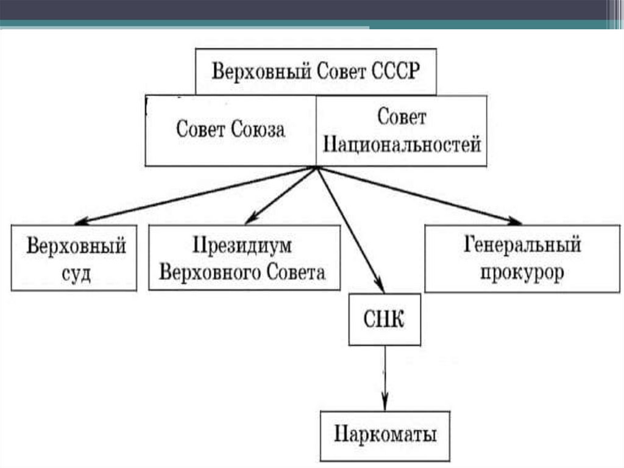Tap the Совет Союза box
230,130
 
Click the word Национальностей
402,145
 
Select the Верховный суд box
76,257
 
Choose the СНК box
385,320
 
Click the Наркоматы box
385,435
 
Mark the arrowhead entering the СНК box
380,287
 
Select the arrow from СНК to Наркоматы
385,378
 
